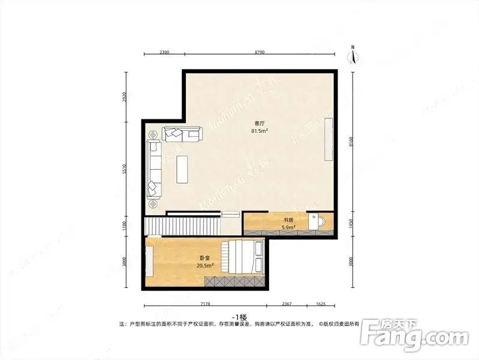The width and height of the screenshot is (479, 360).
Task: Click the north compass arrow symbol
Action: coord(354,56)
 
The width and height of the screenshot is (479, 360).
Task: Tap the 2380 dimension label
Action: coord(164,52)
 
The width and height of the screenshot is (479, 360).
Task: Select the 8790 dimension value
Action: coord(260,52)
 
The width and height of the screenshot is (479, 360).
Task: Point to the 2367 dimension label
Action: coord(287,304)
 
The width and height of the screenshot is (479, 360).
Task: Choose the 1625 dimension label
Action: coord(321,304)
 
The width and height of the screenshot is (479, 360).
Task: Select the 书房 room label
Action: coord(288,221)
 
